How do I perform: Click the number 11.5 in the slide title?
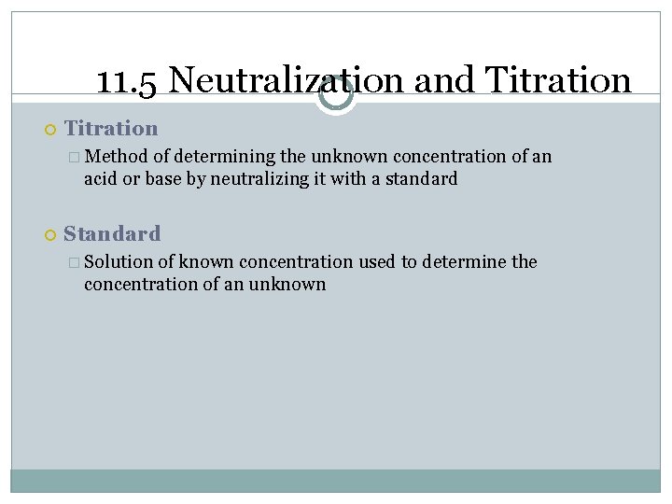pos(128,81)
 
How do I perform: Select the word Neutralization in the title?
pos(287,81)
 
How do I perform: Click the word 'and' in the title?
pos(443,81)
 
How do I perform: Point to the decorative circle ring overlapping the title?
pos(335,94)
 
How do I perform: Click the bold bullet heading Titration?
pos(111,129)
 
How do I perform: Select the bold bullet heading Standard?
pos(112,233)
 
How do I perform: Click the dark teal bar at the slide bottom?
pos(336,480)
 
